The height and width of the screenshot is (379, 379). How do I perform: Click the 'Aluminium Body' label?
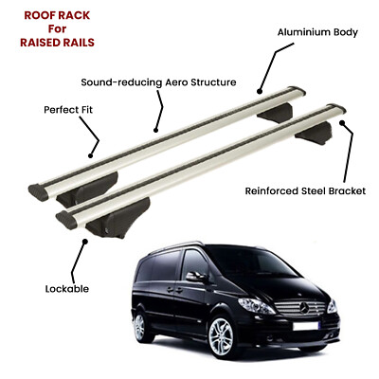(317, 32)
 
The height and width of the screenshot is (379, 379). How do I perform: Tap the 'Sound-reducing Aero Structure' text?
(158, 82)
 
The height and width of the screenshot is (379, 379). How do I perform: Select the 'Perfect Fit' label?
(68, 110)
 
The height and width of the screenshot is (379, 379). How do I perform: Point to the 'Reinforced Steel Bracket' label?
(305, 191)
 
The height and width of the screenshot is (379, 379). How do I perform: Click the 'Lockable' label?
(67, 289)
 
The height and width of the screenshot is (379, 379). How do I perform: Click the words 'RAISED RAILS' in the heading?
(57, 43)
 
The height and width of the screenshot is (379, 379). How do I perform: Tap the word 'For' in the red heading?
(57, 28)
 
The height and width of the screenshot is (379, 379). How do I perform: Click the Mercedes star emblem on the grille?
(303, 308)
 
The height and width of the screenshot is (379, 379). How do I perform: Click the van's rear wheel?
(139, 328)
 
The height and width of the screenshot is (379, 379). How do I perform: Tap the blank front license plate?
(305, 326)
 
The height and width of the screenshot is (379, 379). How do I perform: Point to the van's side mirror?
(195, 277)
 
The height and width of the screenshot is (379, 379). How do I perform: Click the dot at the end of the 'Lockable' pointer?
(84, 242)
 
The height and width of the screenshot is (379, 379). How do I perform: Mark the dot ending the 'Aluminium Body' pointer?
(260, 92)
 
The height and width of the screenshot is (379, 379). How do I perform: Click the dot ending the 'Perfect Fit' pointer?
(90, 155)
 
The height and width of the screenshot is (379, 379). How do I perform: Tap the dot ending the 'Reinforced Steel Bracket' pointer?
(341, 122)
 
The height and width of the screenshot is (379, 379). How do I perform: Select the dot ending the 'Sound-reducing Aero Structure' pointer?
(155, 130)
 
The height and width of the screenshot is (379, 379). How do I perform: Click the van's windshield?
(254, 263)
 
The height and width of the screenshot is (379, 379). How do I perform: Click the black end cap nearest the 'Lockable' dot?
(66, 220)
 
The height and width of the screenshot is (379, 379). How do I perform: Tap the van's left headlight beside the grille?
(256, 306)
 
